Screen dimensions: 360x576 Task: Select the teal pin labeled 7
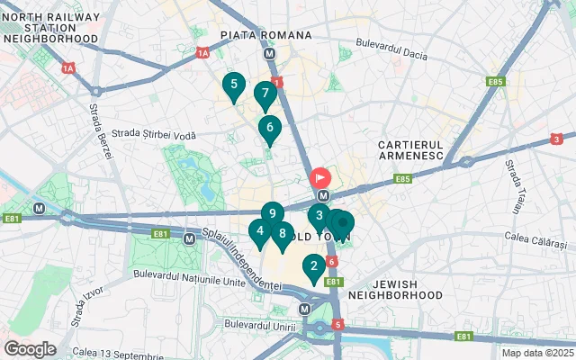265,94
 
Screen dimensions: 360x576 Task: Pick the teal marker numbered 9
273,214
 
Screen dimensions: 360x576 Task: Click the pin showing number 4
260,231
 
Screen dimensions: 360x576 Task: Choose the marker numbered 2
313,266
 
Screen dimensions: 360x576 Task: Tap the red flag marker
320,178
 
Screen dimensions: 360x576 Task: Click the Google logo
30,348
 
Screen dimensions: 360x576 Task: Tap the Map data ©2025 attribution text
536,353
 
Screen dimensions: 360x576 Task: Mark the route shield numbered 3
556,139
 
